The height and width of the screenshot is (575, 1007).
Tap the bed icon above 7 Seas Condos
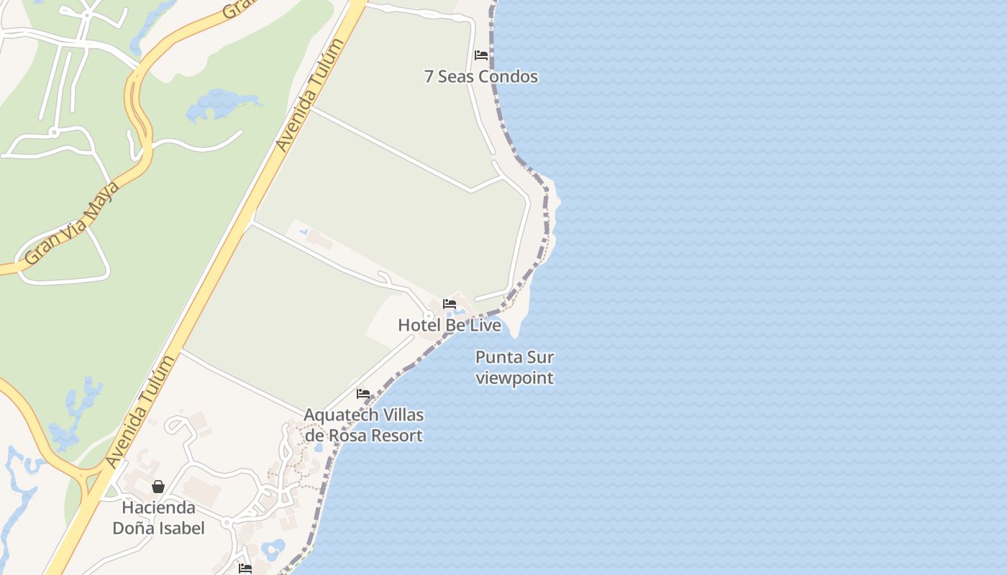[x=481, y=55]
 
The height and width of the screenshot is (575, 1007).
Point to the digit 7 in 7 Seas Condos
[x=429, y=77]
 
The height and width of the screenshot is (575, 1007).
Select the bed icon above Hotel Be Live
[x=450, y=304]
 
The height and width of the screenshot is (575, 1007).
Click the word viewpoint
[x=515, y=378]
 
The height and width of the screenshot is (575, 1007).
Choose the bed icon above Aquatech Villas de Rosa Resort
[x=363, y=394]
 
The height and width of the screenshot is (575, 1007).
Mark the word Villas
[x=398, y=415]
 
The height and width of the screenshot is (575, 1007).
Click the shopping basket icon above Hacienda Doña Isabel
[x=158, y=487]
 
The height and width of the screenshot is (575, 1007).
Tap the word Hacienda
[x=158, y=507]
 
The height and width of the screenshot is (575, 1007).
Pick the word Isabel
[x=181, y=528]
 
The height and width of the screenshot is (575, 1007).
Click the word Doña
[x=135, y=528]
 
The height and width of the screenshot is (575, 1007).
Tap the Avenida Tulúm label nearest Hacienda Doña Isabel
[x=141, y=411]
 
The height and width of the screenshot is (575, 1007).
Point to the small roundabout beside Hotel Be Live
[x=429, y=316]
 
